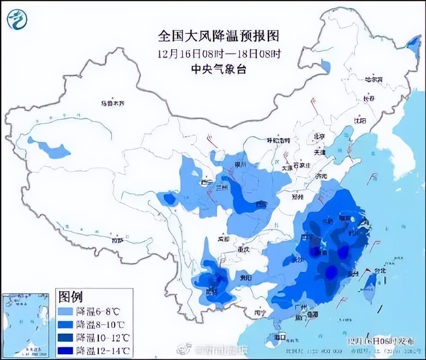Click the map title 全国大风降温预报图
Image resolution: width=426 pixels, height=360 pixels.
tap(219, 36)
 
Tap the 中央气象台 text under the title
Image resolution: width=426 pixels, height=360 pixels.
tap(219, 69)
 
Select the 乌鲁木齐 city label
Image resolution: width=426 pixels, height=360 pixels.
tap(113, 103)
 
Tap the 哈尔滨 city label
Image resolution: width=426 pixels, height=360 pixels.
tap(373, 79)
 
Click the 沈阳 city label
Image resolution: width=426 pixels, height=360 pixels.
tap(359, 120)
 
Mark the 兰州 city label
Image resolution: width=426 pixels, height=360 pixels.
tap(222, 187)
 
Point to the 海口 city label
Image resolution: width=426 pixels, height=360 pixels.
tap(279, 336)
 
